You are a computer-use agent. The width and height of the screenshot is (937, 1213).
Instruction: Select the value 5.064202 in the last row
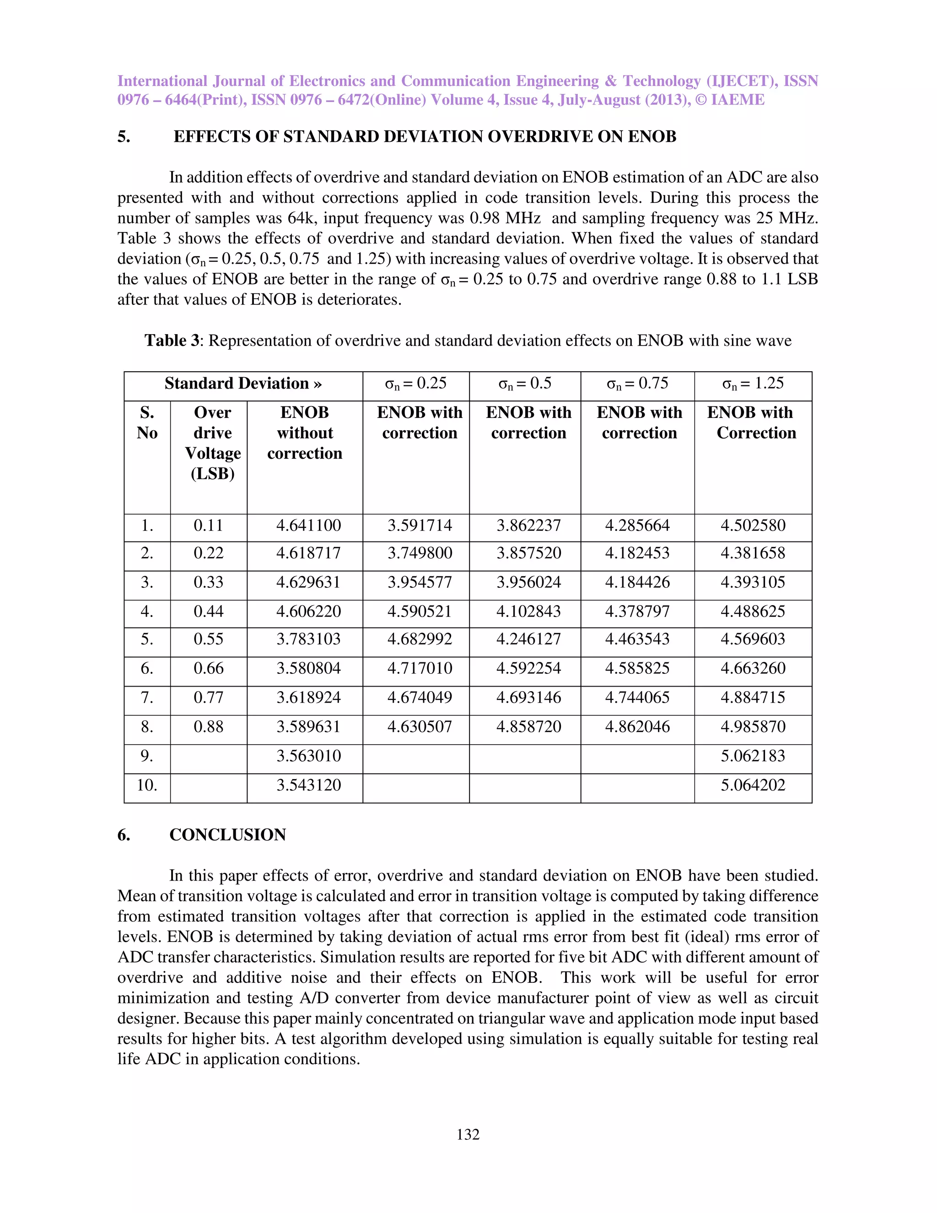(753, 785)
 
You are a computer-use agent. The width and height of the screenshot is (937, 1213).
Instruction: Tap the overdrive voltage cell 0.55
(208, 639)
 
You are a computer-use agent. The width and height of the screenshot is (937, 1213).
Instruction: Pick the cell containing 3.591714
(419, 525)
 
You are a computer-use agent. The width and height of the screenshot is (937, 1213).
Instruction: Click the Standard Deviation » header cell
(243, 384)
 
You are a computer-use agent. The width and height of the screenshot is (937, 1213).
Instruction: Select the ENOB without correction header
(304, 433)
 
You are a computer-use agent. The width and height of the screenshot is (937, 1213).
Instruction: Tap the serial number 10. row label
(147, 785)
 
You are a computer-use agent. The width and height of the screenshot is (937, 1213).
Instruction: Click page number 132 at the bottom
(468, 1134)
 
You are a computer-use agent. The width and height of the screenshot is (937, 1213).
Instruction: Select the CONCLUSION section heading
(227, 835)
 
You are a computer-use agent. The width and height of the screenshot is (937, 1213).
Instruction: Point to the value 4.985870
(753, 726)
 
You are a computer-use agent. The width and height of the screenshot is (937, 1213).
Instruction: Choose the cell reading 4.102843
(528, 612)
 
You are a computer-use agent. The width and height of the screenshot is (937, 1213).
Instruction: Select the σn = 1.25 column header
(753, 384)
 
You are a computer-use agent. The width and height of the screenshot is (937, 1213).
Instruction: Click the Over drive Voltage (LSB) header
(213, 443)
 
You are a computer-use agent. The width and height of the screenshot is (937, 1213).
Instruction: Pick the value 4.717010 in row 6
(419, 668)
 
